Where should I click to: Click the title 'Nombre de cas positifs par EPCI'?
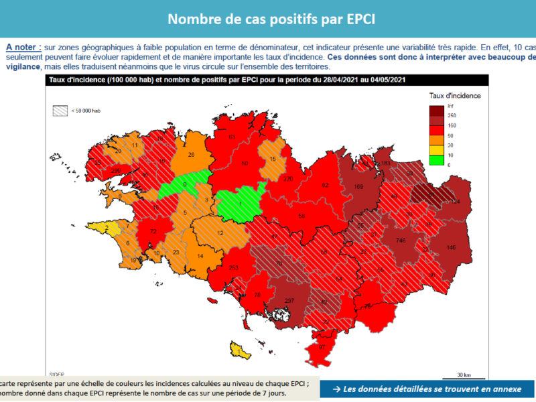[x=271, y=18]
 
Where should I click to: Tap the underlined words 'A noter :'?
[x=23, y=48]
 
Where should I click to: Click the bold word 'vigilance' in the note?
[x=22, y=66]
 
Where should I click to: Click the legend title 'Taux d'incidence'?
[x=455, y=95]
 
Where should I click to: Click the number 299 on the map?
[x=115, y=171]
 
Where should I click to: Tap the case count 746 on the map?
[x=401, y=240]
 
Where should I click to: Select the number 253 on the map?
[x=234, y=268]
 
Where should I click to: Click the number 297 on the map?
[x=289, y=300]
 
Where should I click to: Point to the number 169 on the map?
[x=358, y=186]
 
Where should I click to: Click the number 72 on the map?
[x=153, y=232]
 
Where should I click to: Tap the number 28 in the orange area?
[x=191, y=155]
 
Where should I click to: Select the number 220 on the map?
[x=289, y=179]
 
